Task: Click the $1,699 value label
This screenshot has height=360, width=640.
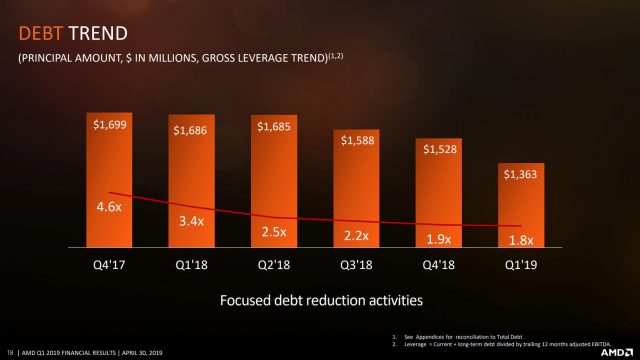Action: tap(109, 125)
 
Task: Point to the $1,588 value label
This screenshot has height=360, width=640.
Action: tap(358, 139)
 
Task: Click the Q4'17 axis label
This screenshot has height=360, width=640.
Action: tap(109, 265)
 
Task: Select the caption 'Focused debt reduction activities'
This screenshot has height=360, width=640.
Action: tap(320, 299)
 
